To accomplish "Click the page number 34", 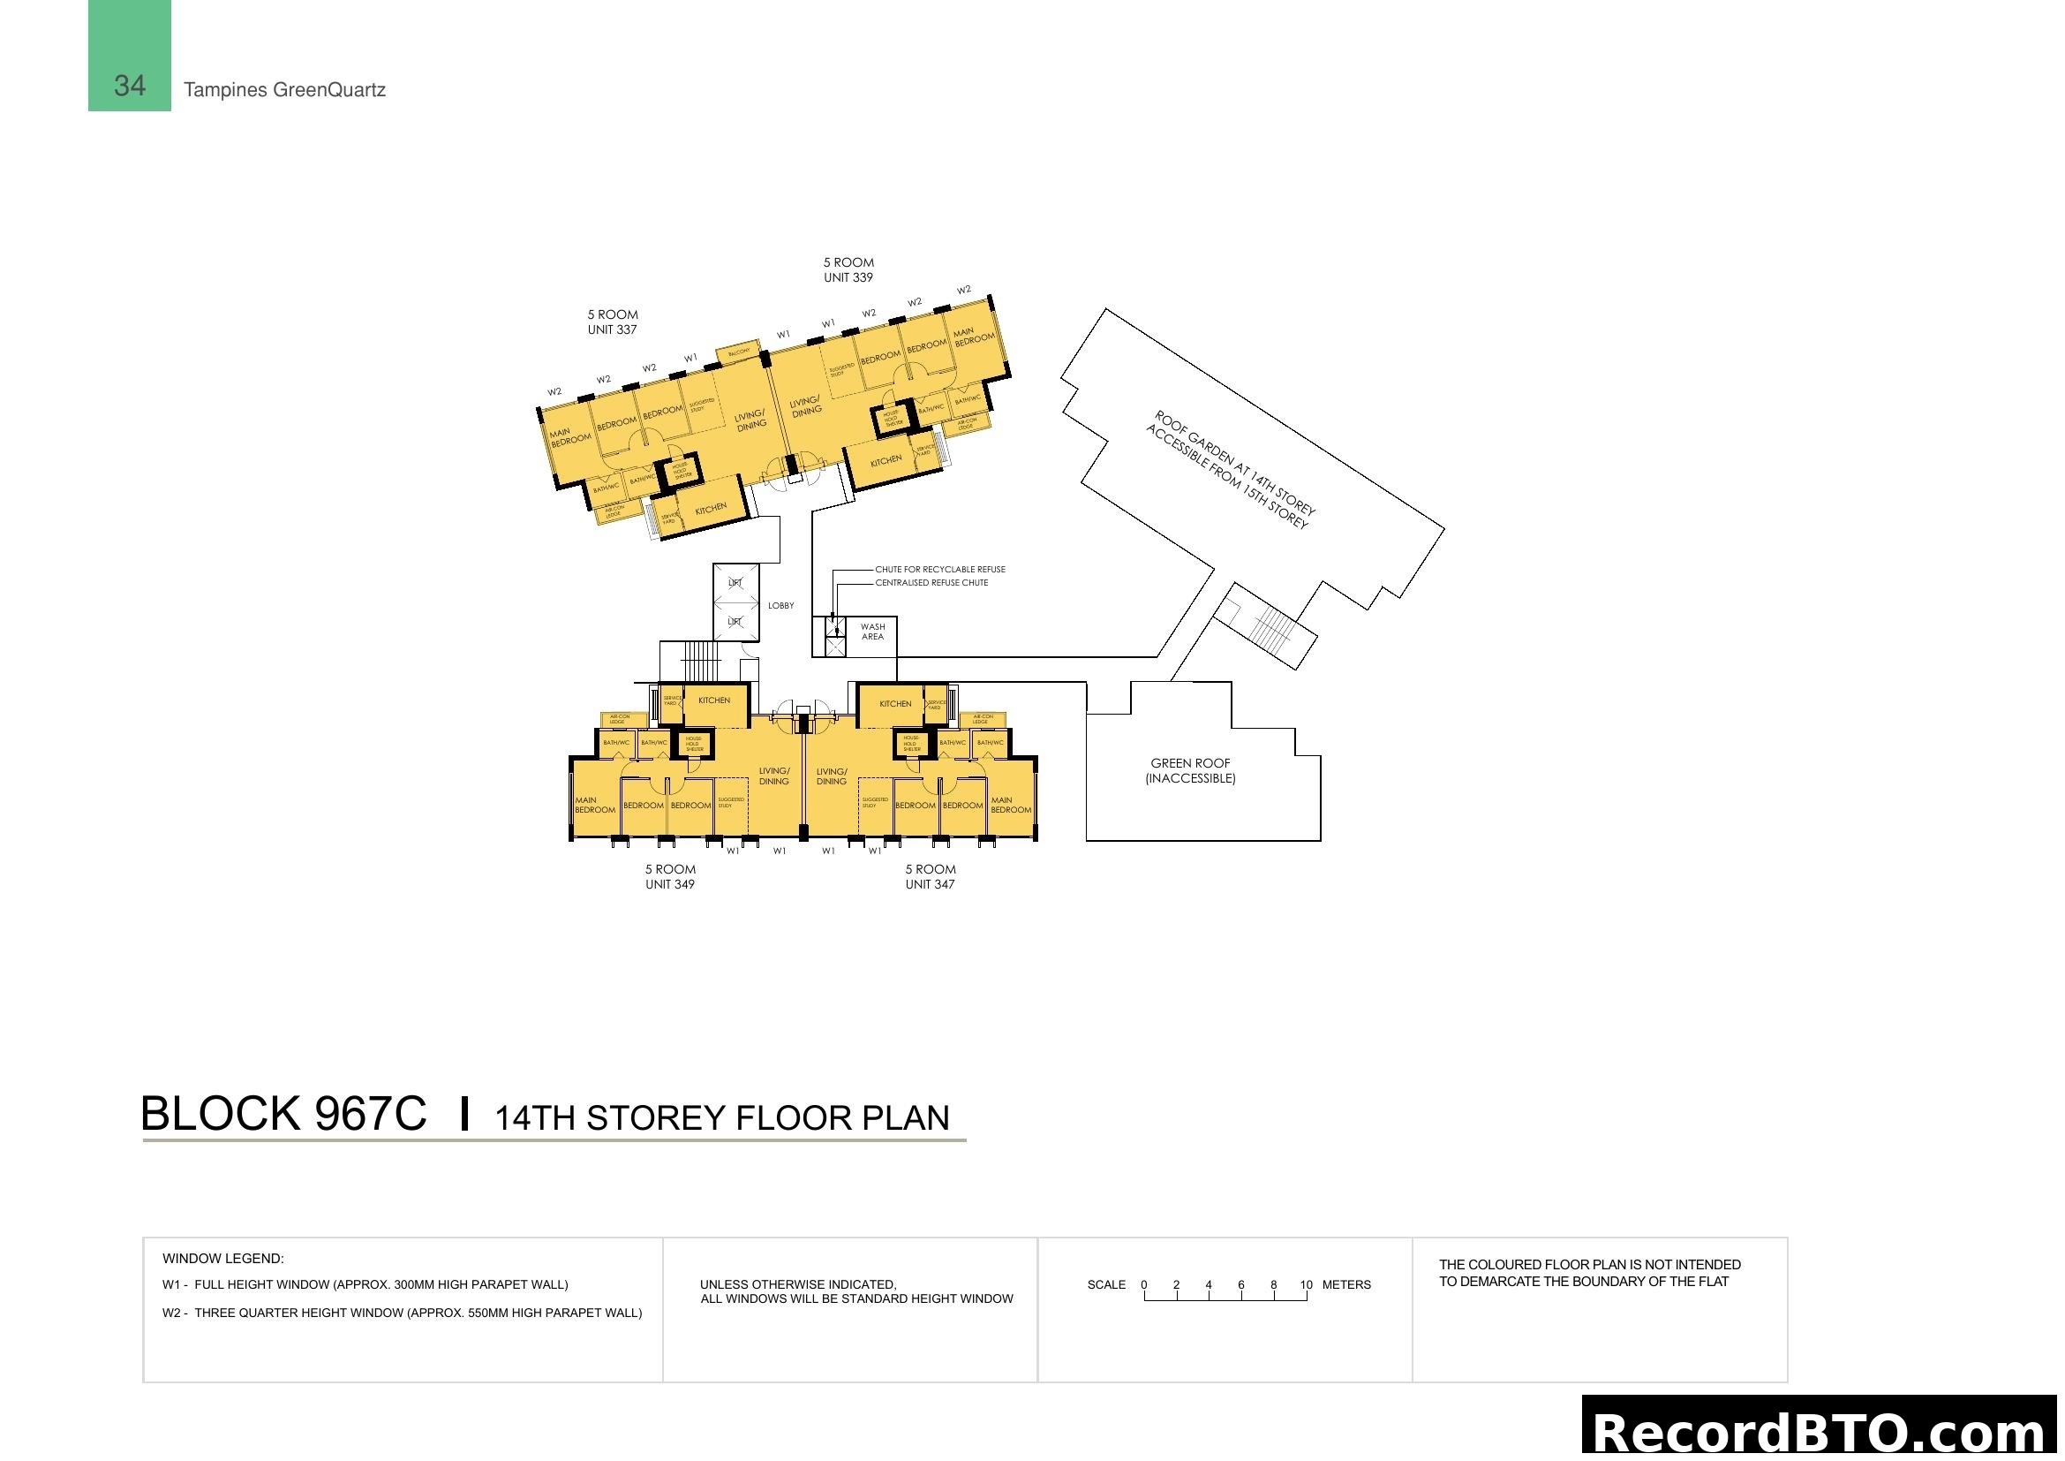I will (130, 86).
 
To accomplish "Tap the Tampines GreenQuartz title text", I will (284, 90).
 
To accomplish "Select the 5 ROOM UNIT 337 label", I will (613, 322).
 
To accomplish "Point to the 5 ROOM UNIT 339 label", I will (848, 270).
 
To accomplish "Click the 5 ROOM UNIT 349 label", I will (670, 876).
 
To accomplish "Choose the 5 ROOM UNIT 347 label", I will (930, 876).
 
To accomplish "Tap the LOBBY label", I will (780, 605).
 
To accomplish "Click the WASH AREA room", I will (872, 632).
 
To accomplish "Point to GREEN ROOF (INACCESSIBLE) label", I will (1190, 771).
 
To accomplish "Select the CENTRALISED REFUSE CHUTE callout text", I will (931, 583).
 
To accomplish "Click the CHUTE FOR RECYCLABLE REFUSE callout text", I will (940, 570).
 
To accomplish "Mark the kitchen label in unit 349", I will (714, 700).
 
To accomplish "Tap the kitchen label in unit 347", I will (895, 703).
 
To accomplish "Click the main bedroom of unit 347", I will (1011, 805).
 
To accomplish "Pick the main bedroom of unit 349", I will (594, 805).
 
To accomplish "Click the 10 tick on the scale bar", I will (1306, 1284).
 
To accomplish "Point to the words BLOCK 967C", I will (283, 1114).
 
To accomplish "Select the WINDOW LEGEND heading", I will (223, 1259).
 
